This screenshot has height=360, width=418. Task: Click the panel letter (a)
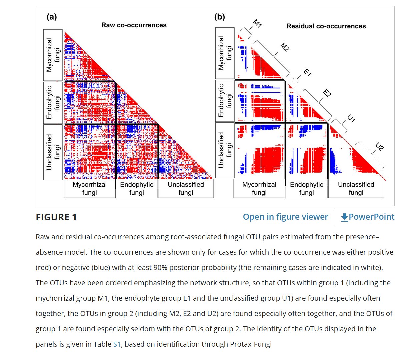tap(52, 17)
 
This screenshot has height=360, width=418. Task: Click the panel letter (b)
tap(219, 17)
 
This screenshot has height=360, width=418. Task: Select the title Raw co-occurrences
tap(134, 25)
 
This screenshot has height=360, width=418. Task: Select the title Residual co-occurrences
tap(326, 26)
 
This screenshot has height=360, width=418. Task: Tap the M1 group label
tap(257, 24)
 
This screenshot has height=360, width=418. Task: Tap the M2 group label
tap(285, 47)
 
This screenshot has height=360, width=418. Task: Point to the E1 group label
tap(307, 73)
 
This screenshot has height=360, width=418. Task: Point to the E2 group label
tap(327, 93)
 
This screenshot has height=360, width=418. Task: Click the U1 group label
tap(351, 119)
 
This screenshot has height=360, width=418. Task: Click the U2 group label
tap(379, 146)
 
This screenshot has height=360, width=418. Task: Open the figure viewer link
tap(285, 217)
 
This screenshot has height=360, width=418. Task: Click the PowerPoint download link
tap(371, 217)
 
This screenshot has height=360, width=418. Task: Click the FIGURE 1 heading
tap(56, 217)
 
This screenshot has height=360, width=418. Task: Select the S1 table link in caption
tap(117, 344)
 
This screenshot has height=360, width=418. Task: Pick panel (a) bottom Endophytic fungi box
tap(137, 189)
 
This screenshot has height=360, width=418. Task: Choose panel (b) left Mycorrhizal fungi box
tap(225, 53)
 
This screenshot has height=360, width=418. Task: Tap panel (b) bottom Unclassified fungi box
tap(356, 189)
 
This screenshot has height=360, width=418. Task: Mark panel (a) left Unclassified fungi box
tap(53, 152)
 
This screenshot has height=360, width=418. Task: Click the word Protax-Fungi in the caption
tap(251, 344)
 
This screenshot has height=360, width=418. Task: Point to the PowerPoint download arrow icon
tap(344, 217)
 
